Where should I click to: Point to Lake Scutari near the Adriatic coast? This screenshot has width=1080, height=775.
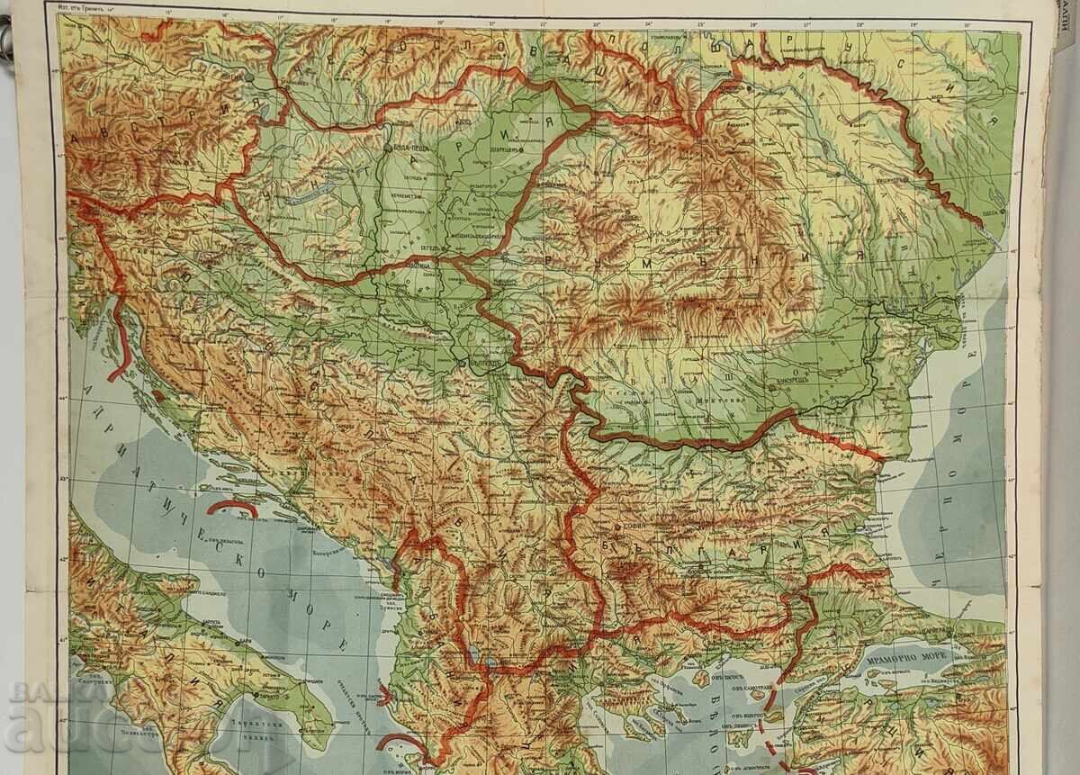(x=388, y=563)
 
